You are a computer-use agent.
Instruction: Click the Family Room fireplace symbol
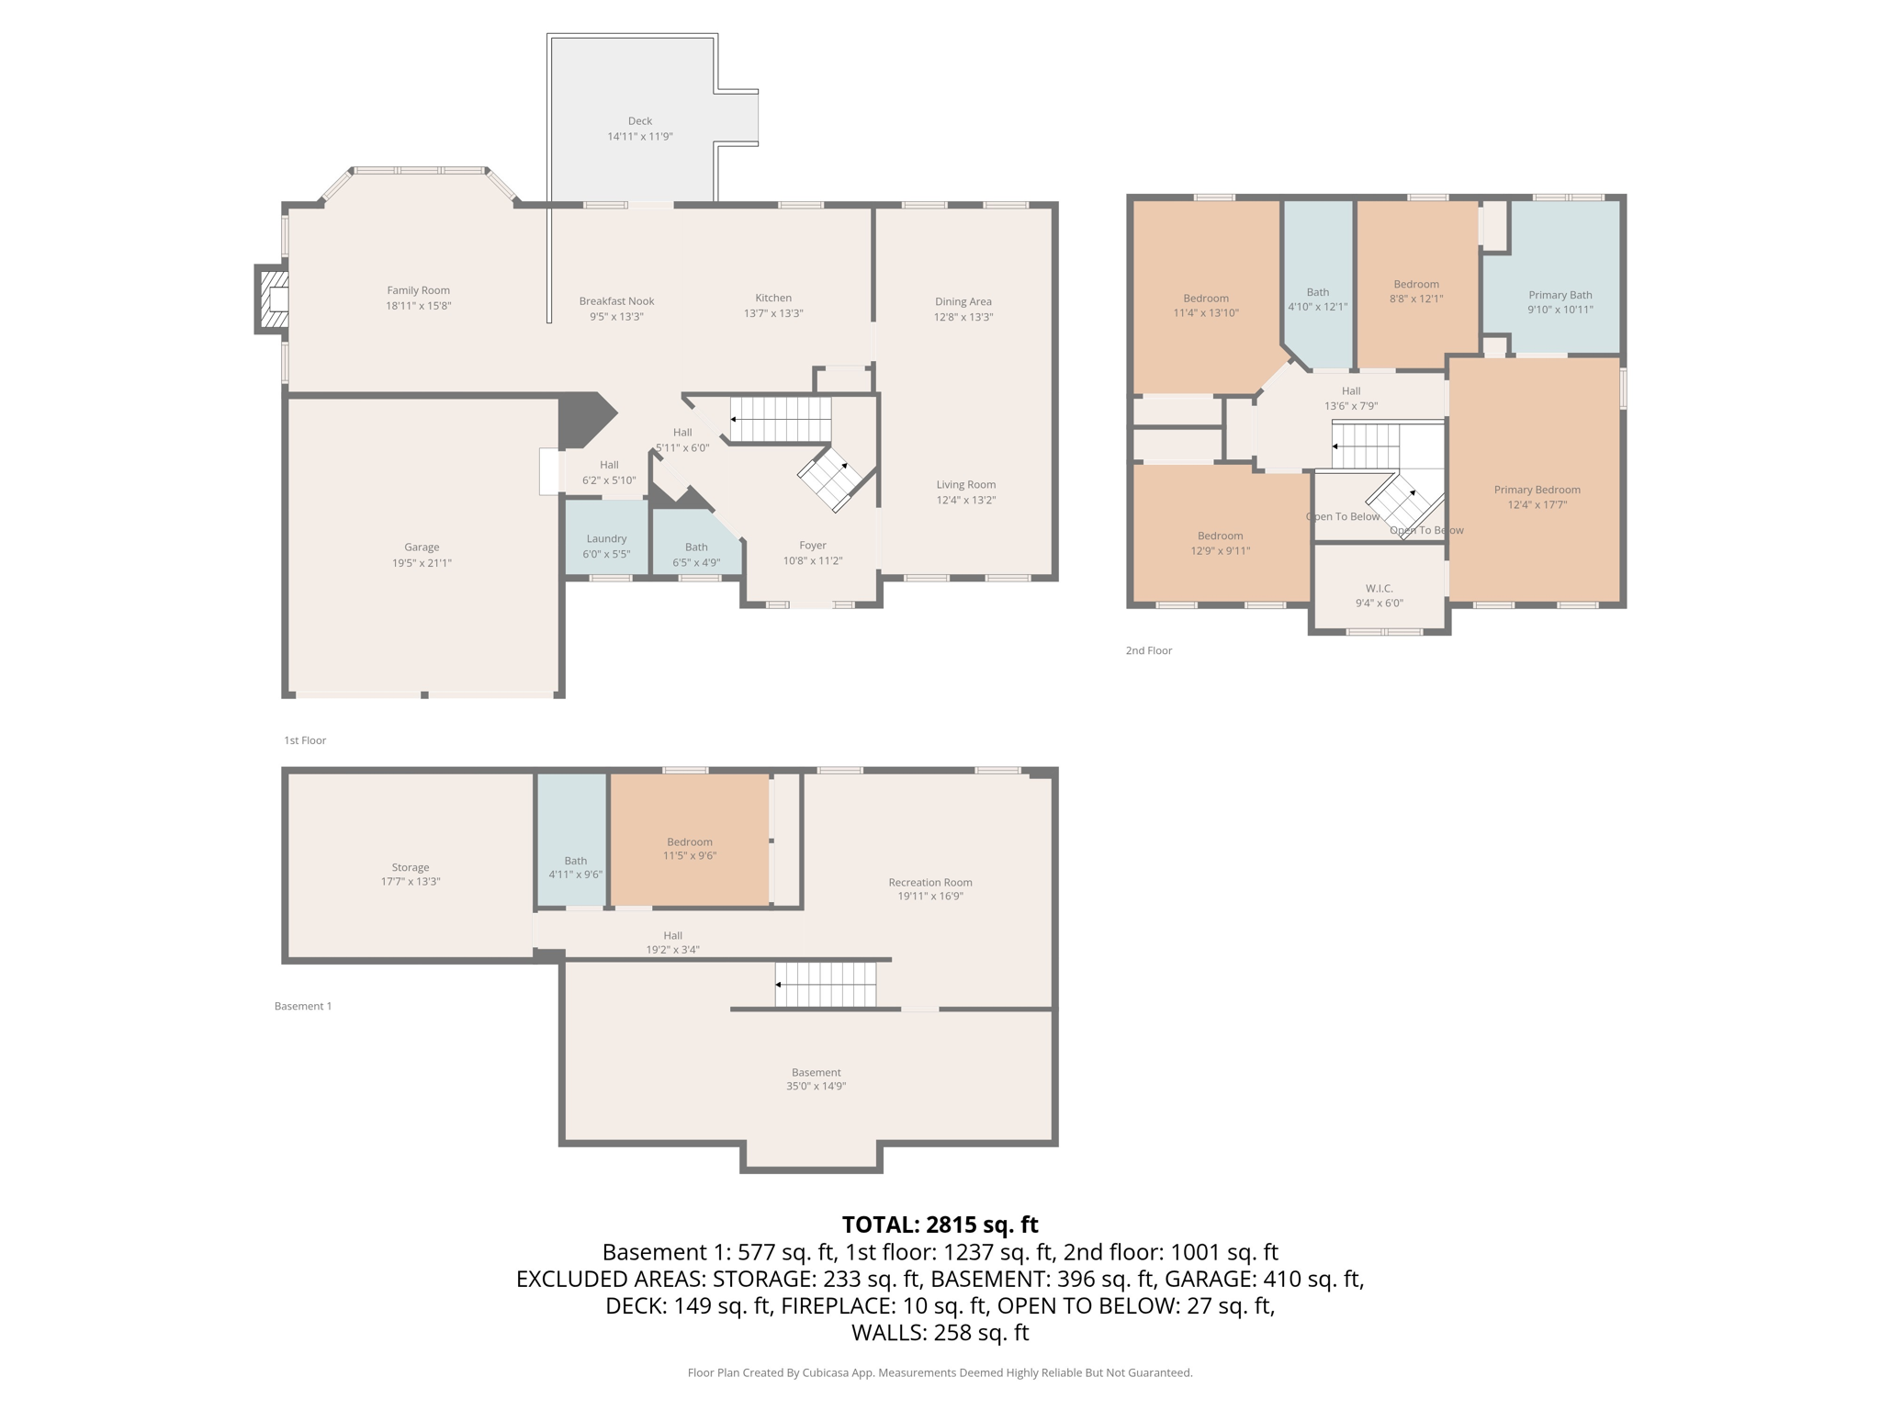point(273,299)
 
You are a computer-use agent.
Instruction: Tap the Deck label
point(640,121)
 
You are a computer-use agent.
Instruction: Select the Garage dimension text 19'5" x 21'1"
point(422,563)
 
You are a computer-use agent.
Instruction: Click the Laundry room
point(606,546)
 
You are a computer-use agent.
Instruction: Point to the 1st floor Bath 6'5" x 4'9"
point(696,554)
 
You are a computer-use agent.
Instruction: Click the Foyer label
point(813,546)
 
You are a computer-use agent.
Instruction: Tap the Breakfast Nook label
point(616,301)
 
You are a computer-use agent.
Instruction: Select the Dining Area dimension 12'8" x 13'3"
point(963,317)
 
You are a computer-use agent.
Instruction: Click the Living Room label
point(965,485)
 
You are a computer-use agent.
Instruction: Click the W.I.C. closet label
point(1379,589)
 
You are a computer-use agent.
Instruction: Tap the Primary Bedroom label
point(1537,491)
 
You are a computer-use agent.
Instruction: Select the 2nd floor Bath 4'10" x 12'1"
point(1317,299)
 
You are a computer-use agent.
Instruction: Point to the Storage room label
point(411,867)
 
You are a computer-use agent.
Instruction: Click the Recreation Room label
point(929,883)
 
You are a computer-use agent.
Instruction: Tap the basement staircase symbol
point(826,984)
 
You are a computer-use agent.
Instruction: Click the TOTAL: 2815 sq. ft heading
point(940,1225)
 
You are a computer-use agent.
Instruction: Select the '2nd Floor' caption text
point(1149,650)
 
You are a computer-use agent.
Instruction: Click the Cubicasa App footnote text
point(940,1372)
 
